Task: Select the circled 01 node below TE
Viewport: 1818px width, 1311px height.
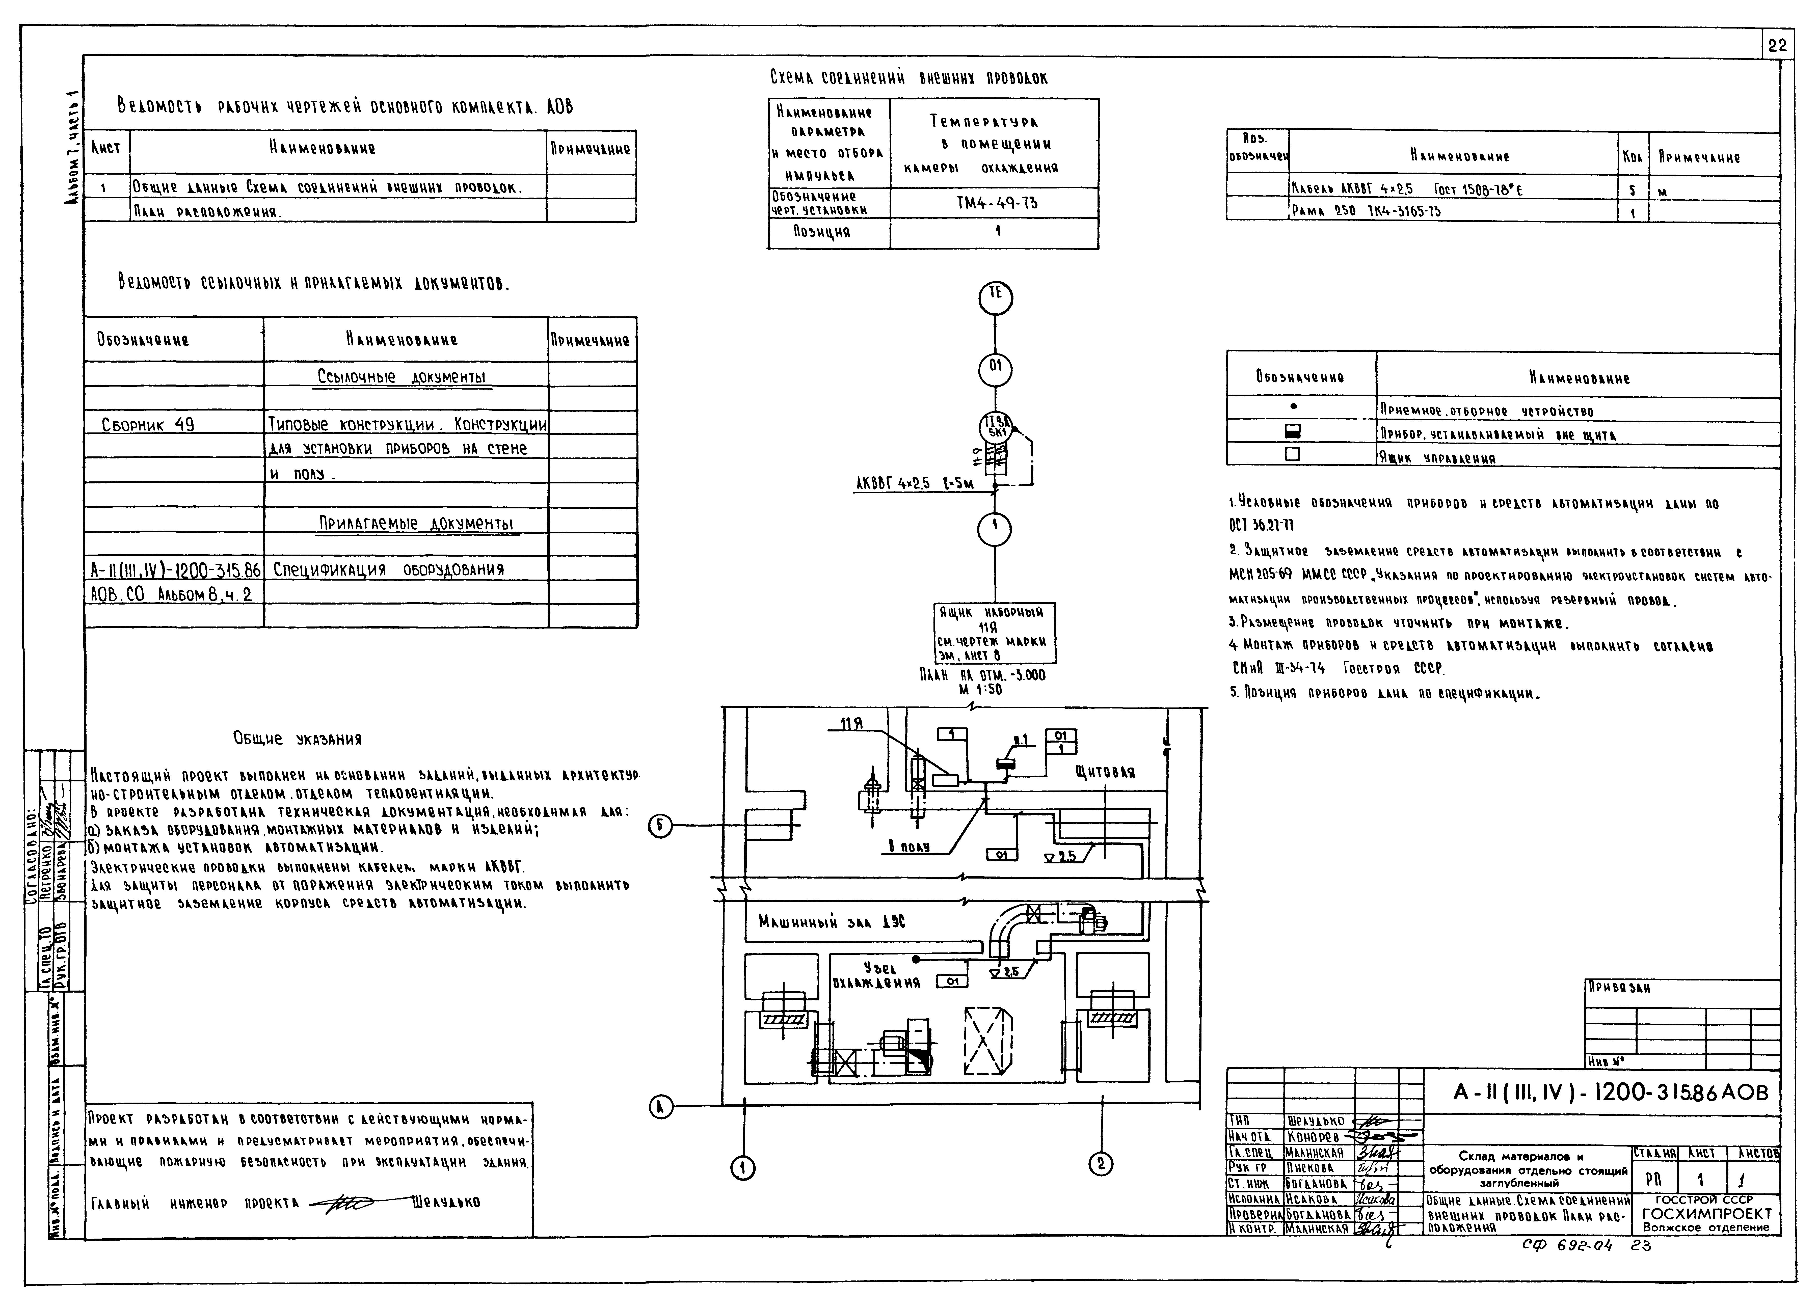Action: click(996, 369)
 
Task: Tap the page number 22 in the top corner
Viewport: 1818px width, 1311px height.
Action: click(1776, 46)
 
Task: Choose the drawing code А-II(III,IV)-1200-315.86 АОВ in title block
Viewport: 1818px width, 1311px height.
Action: click(1610, 1093)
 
